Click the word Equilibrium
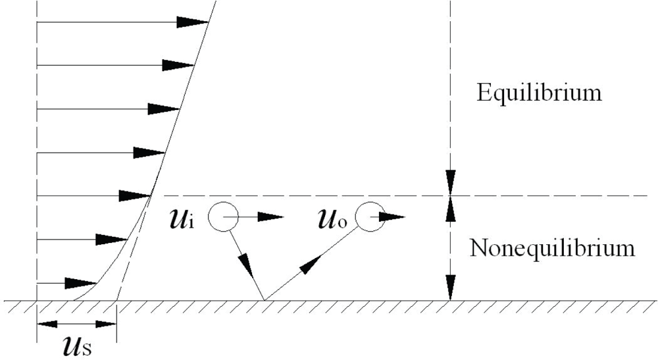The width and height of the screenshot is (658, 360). [539, 92]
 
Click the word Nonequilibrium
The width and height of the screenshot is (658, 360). [553, 249]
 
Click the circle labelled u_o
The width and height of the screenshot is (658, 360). [370, 217]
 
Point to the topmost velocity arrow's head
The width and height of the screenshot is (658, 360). [194, 22]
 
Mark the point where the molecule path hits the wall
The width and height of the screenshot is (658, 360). [264, 300]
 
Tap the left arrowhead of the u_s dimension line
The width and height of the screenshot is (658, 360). [46, 323]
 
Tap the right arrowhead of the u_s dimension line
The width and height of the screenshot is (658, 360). [107, 323]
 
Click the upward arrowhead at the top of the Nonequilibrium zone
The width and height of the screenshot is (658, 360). [450, 209]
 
